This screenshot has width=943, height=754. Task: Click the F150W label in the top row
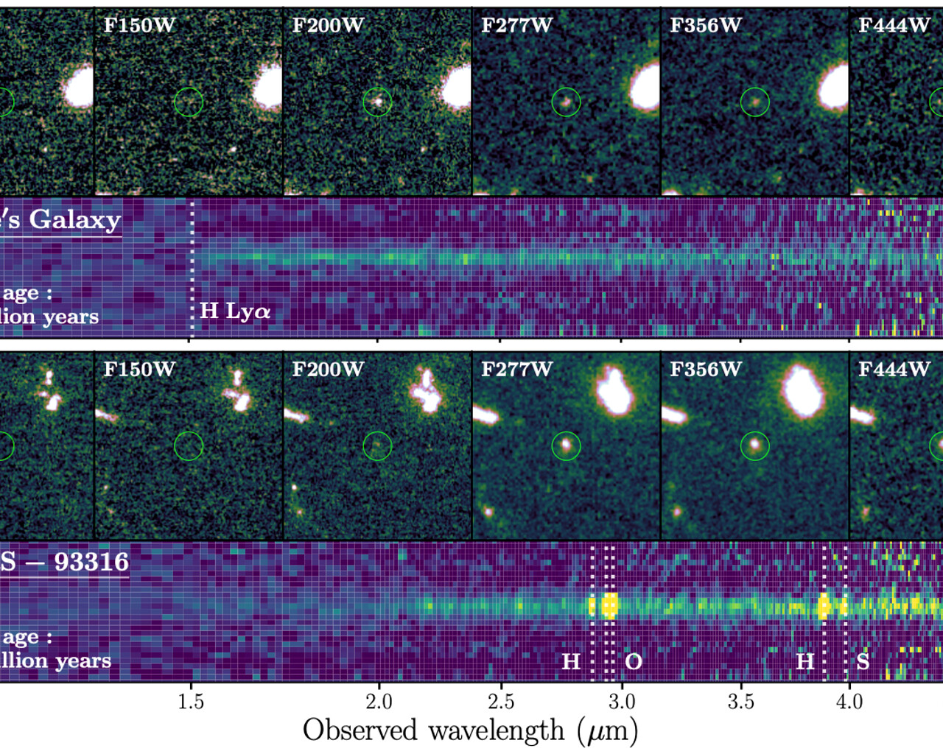139,26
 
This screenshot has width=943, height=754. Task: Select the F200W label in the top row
328,26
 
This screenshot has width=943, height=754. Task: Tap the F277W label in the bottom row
516,369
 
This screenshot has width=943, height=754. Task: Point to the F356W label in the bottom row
705,369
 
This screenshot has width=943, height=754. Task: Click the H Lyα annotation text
235,311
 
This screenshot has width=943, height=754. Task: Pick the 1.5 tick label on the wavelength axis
191,701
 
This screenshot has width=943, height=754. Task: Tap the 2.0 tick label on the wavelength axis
379,701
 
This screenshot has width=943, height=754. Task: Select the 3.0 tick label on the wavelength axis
622,701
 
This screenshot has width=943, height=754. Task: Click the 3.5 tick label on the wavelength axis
740,701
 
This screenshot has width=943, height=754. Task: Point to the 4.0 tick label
849,701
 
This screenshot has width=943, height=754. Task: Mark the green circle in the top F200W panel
377,102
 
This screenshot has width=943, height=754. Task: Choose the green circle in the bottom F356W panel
754,445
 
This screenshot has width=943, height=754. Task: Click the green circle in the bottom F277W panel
566,445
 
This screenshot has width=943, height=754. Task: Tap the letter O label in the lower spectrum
634,661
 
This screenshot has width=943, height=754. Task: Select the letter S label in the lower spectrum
863,661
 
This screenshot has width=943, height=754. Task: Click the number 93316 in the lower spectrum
91,562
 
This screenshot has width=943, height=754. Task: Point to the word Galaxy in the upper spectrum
75,219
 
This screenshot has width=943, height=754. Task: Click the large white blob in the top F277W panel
645,87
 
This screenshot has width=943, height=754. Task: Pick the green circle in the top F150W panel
189,102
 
